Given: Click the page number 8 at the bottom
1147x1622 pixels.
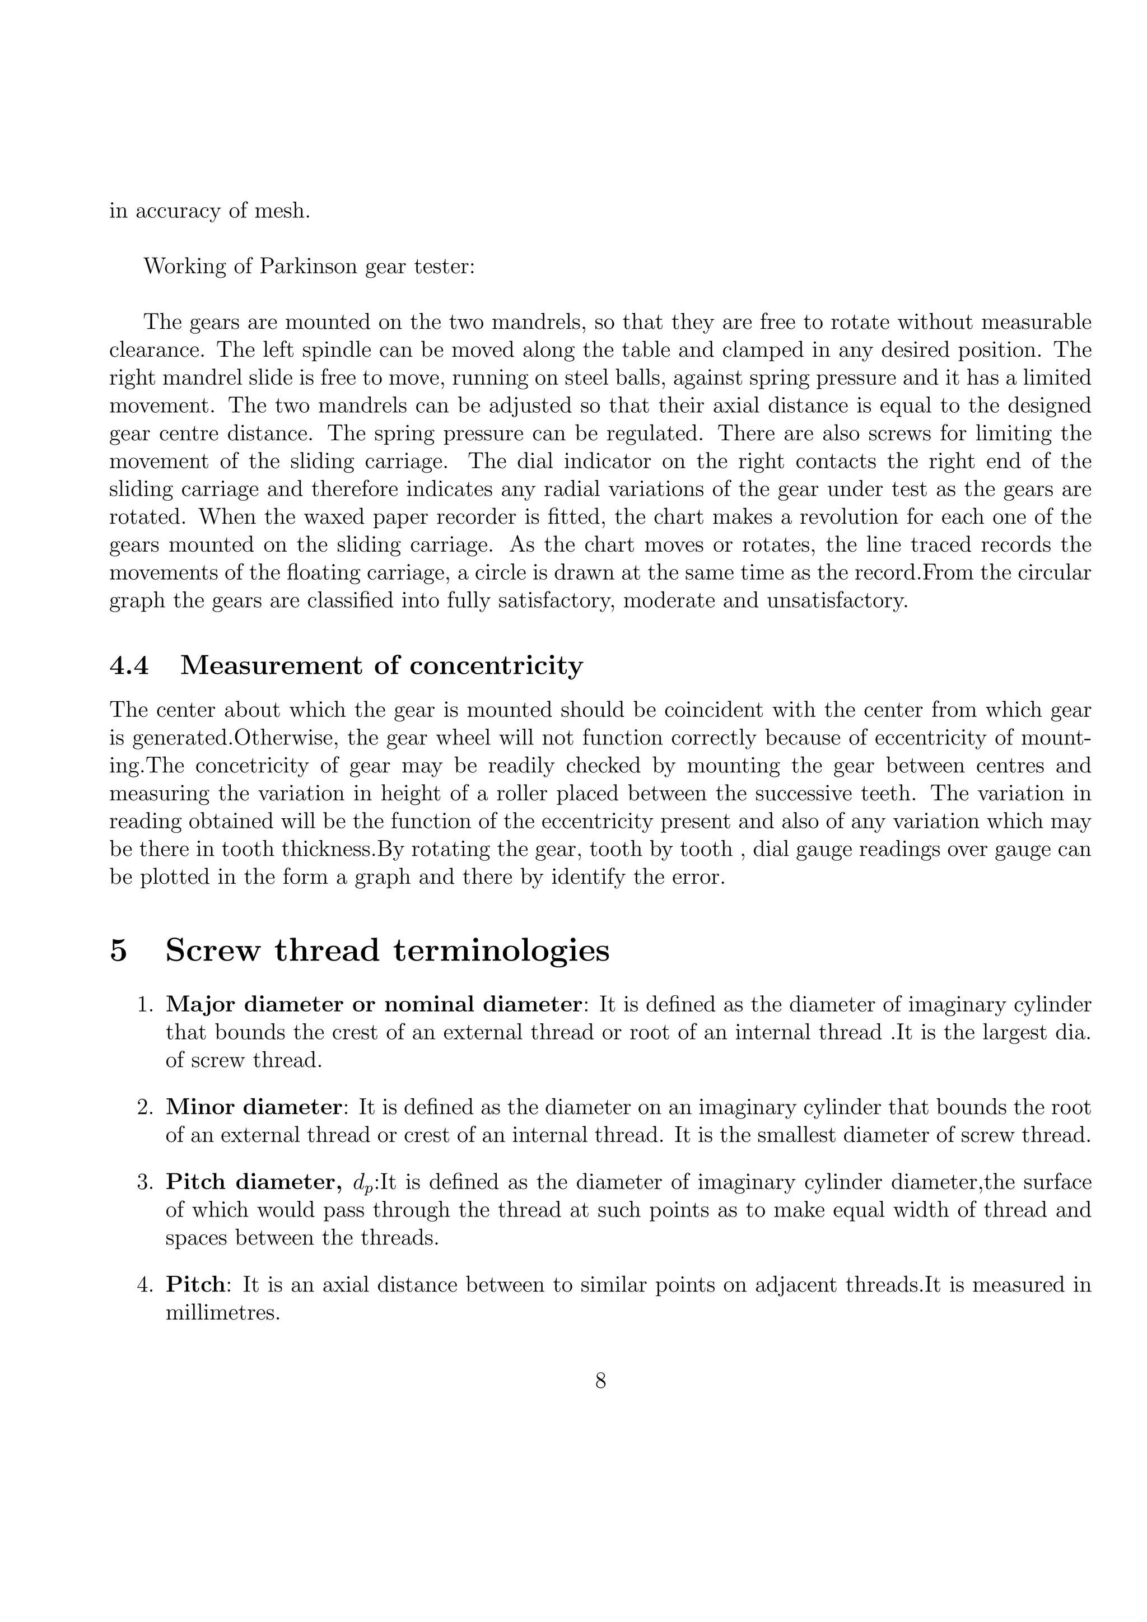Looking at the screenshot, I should coord(600,1381).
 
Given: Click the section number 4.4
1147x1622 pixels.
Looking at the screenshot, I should coord(129,665).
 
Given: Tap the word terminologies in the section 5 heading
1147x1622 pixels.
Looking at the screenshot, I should coord(501,950).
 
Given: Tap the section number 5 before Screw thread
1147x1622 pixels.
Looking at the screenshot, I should coord(119,950).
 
